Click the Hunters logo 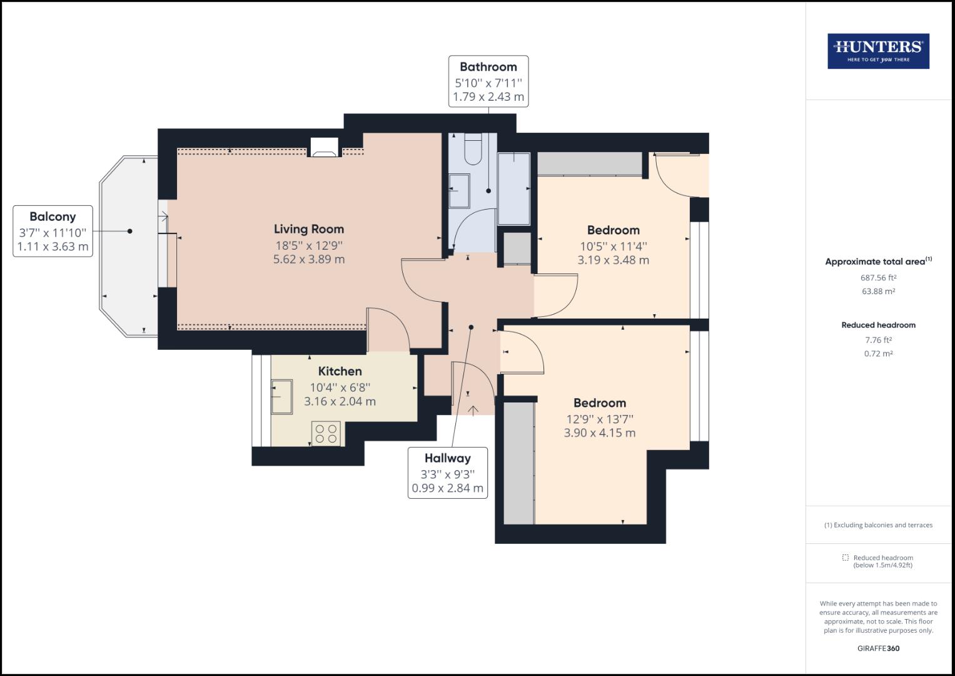click(x=878, y=51)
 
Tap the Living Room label click(x=309, y=229)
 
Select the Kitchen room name click(x=340, y=371)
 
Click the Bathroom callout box click(x=488, y=82)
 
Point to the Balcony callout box click(x=53, y=231)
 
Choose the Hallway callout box click(x=447, y=473)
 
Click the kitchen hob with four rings click(x=326, y=433)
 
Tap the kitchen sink click(x=281, y=396)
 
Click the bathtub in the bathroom click(x=513, y=188)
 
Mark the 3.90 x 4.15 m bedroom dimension click(x=600, y=433)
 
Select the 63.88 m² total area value click(x=878, y=292)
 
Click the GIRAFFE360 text click(x=878, y=648)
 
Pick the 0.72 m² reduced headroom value click(x=878, y=354)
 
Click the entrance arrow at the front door click(x=473, y=410)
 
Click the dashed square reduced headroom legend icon click(x=845, y=558)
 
